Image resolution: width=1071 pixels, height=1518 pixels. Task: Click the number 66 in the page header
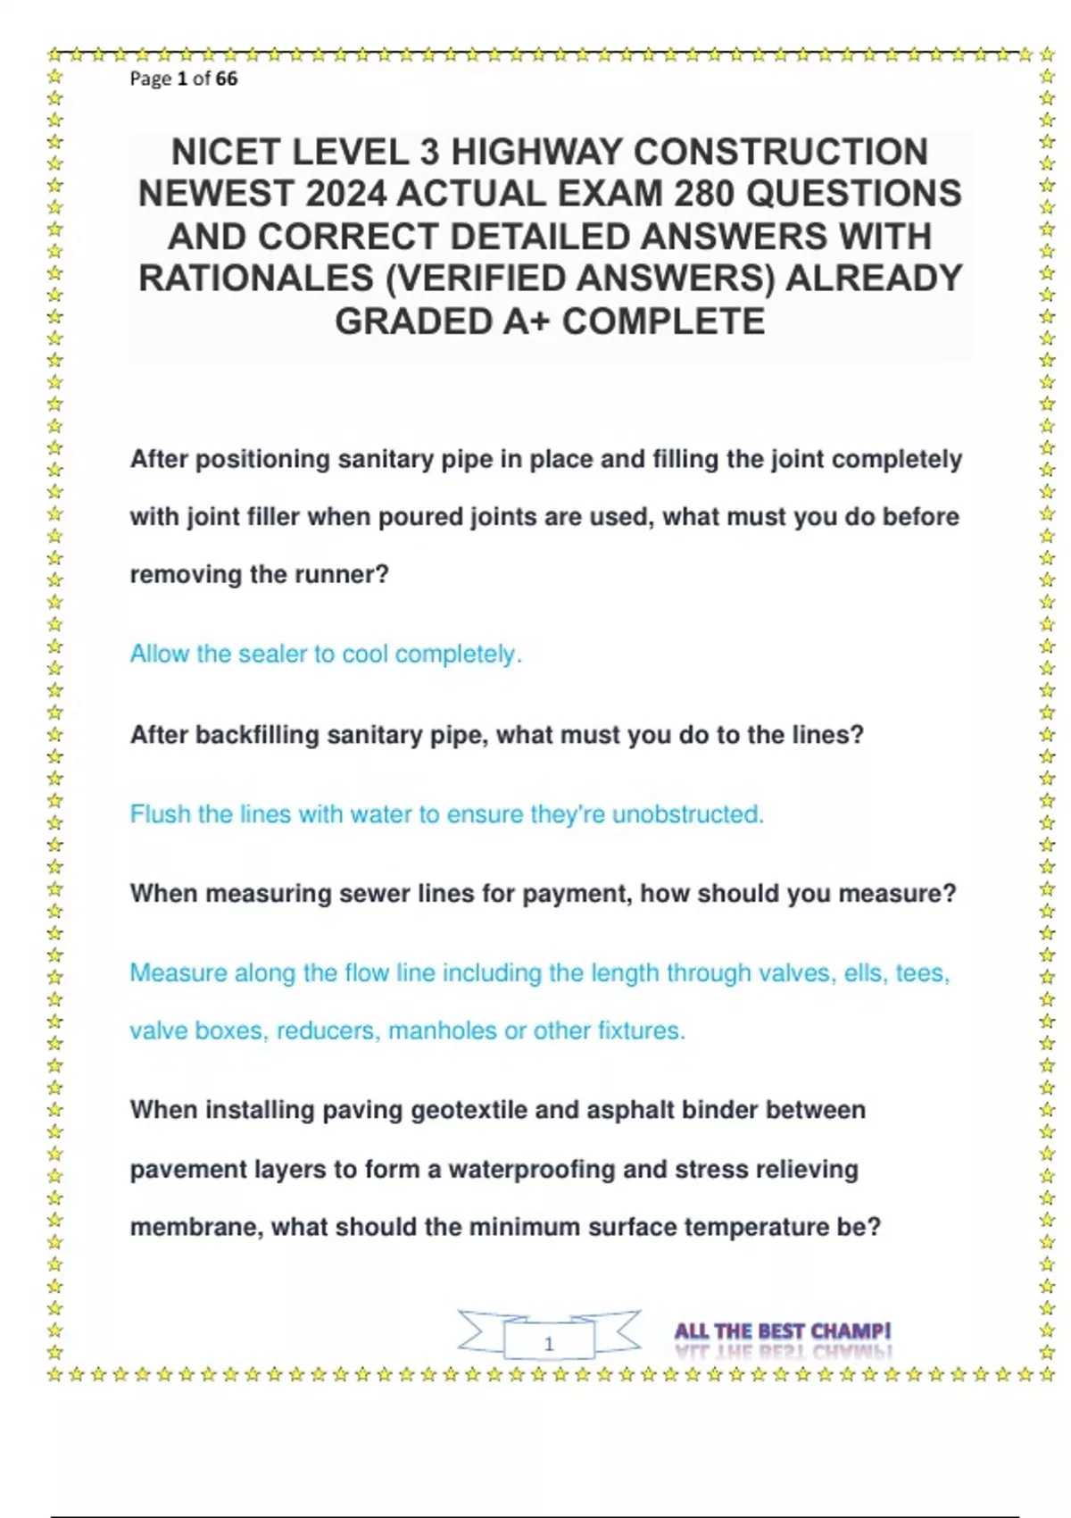[x=227, y=79]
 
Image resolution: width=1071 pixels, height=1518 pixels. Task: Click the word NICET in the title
[x=226, y=153]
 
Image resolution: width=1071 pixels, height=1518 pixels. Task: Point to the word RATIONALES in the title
[x=255, y=279]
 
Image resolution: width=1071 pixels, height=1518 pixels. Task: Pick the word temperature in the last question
[x=756, y=1227]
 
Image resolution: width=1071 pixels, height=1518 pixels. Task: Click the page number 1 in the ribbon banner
[x=549, y=1343]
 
